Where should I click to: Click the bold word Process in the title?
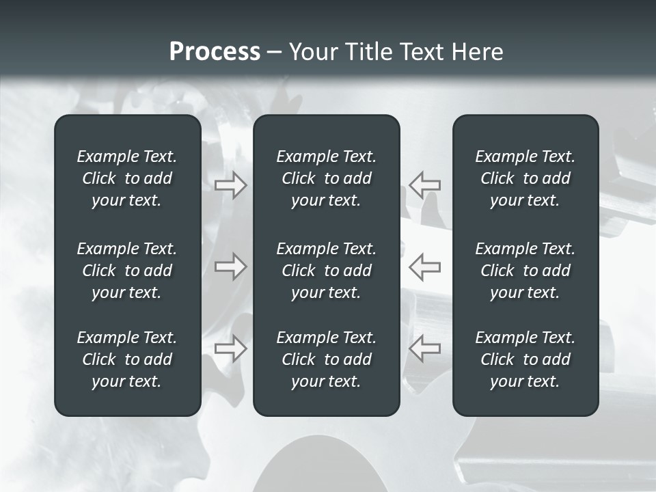coord(215,52)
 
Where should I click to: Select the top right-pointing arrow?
coord(230,185)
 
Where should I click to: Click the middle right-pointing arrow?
coord(230,266)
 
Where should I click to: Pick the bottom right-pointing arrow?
coord(230,348)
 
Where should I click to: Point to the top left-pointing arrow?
coord(424,185)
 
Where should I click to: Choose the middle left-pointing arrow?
coord(424,266)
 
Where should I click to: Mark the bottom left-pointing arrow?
coord(424,348)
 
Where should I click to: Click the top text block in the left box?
coord(127,178)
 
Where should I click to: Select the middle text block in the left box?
coord(127,271)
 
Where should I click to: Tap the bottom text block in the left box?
coord(127,359)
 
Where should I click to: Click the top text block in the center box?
coord(327,178)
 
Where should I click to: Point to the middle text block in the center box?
coord(327,271)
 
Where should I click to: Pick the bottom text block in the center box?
coord(327,359)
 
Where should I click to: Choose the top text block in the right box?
coord(525,178)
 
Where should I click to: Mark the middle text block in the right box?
coord(525,271)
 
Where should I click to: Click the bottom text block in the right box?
coord(525,359)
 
